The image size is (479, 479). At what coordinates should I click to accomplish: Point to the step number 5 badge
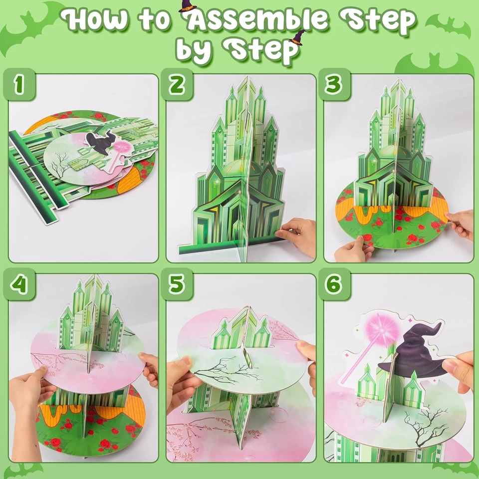177,285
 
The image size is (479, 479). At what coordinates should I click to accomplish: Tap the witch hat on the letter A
188,6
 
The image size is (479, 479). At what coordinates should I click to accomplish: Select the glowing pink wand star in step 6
384,329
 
